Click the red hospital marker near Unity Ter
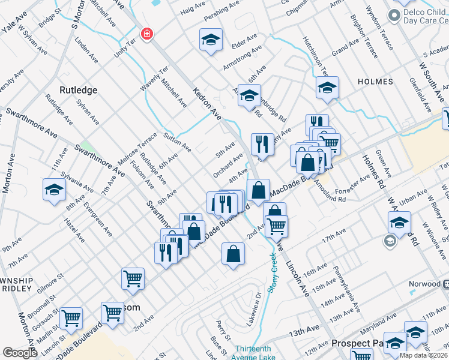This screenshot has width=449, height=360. click(146, 34)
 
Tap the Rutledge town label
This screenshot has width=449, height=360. click(78, 90)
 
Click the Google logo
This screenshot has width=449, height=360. click(20, 353)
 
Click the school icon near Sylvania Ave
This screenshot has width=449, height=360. click(54, 190)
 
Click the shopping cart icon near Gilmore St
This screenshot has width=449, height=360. click(133, 278)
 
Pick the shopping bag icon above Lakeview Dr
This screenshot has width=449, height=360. click(233, 254)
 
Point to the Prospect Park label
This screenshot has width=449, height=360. click(360, 344)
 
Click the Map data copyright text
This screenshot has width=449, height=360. click(423, 355)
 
